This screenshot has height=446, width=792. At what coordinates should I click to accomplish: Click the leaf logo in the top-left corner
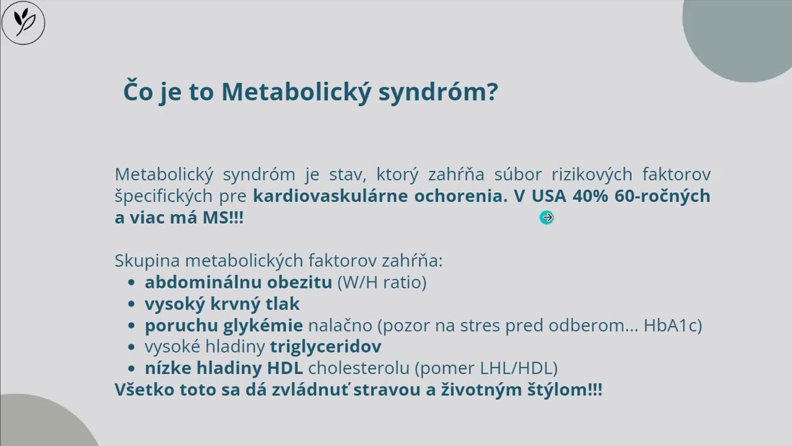tap(24, 23)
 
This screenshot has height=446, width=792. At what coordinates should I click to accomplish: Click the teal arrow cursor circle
tap(546, 217)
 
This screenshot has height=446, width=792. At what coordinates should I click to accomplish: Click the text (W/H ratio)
tap(381, 282)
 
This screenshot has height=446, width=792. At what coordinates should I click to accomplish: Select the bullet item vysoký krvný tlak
tap(222, 304)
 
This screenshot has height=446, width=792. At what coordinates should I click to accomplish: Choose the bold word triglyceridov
tap(325, 346)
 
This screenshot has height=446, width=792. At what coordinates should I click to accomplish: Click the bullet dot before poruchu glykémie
tap(131, 326)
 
